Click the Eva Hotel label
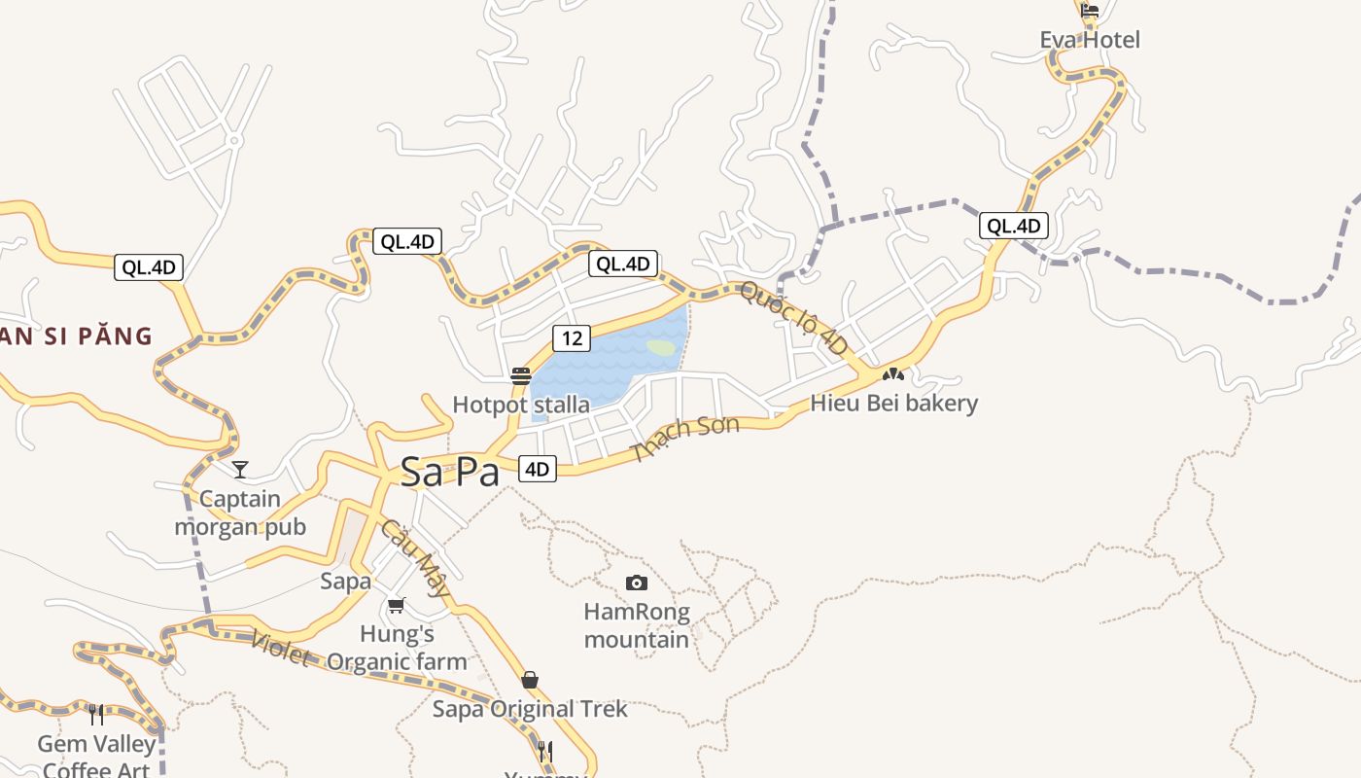coord(1090,40)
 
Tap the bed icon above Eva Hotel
coord(1090,11)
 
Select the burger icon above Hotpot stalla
coord(521,376)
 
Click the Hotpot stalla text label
coord(521,404)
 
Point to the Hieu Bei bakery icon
coord(893,373)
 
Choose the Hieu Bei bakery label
coord(893,403)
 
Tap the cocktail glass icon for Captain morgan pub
coord(240,470)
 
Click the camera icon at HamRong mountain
coord(637,583)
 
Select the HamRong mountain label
coord(637,625)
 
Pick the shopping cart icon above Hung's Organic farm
coord(396,605)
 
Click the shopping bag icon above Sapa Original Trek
coord(530,679)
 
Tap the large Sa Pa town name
coord(450,473)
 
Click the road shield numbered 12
coord(572,337)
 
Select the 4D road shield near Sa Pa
coord(537,469)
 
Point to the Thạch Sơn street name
coord(684,437)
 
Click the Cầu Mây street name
coord(416,557)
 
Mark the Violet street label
coord(280,649)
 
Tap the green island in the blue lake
coord(661,347)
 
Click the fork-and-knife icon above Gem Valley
coord(96,715)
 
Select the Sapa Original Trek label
coord(530,709)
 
